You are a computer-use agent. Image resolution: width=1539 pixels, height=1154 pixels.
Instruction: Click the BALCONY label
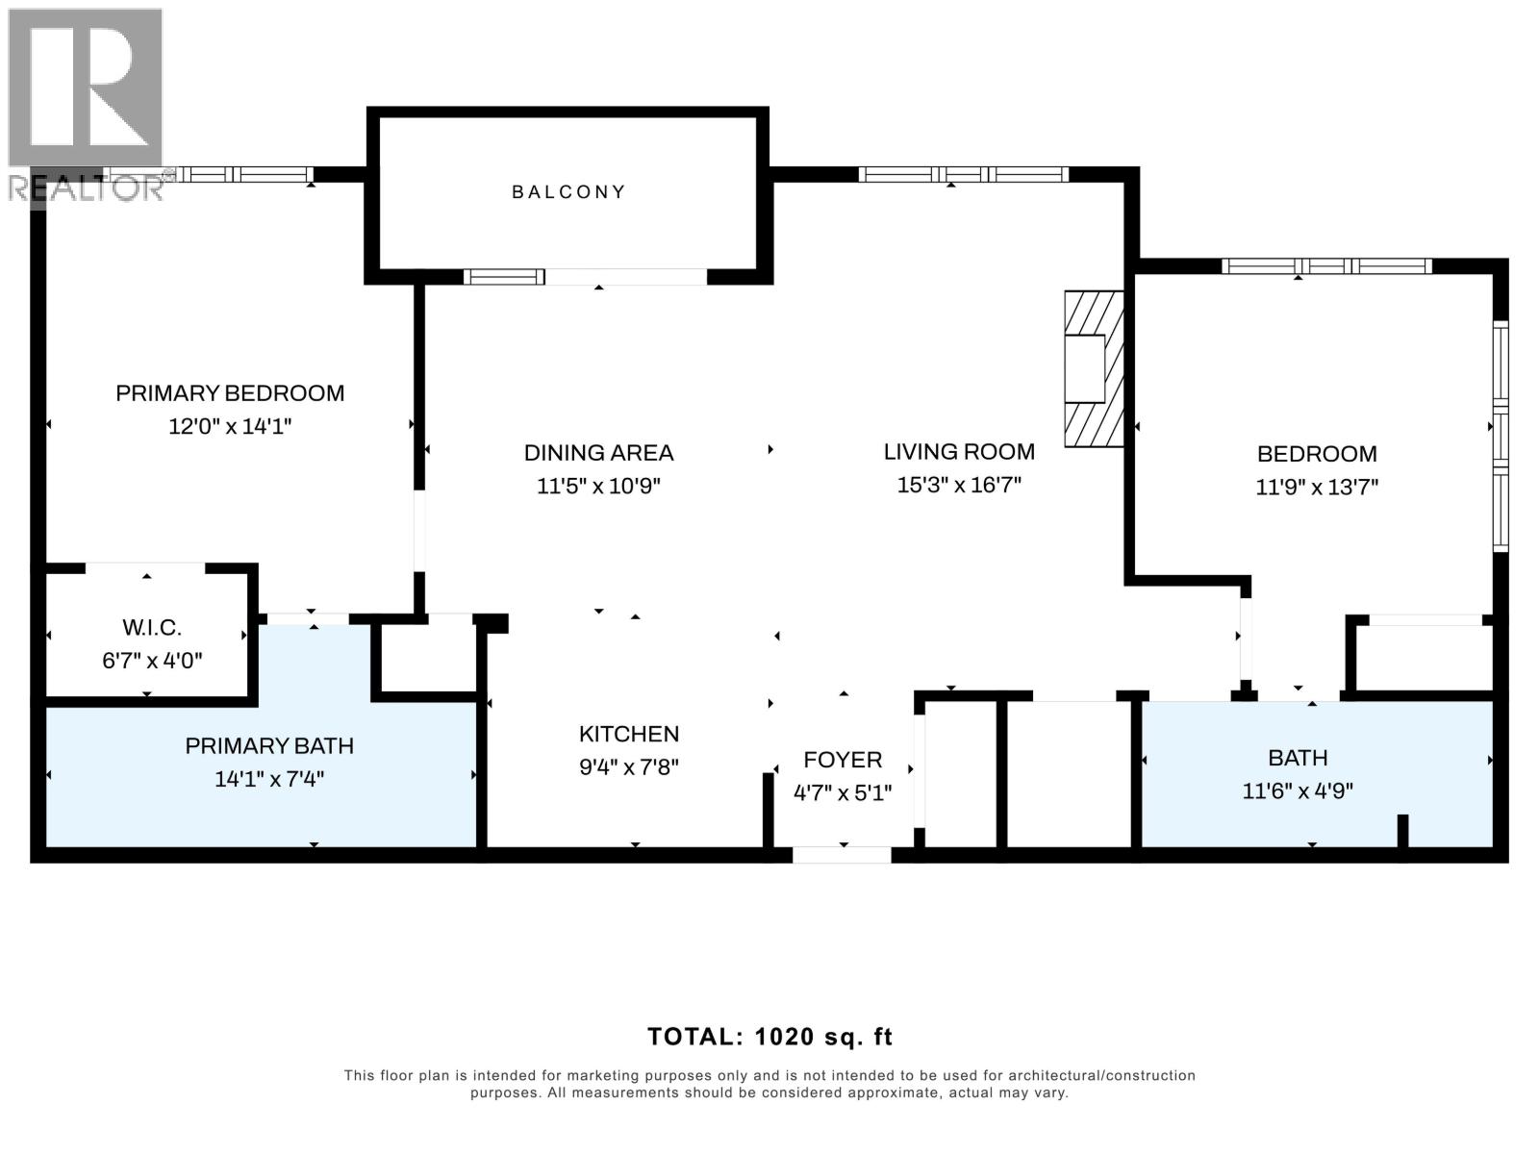[x=568, y=192]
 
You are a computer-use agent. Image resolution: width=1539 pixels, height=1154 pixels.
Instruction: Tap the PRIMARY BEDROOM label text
[x=230, y=393]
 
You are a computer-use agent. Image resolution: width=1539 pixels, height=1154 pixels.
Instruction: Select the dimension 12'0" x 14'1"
[x=230, y=426]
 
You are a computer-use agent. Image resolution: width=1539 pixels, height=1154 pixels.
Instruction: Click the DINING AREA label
[x=598, y=453]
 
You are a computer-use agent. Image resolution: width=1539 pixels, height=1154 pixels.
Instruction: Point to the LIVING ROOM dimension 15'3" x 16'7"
[x=959, y=485]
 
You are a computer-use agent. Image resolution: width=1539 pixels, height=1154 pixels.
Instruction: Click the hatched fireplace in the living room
[x=1094, y=368]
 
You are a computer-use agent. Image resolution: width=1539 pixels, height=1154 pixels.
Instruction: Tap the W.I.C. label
[x=152, y=628]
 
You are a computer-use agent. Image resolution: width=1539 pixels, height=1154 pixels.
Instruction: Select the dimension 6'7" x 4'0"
[x=152, y=661]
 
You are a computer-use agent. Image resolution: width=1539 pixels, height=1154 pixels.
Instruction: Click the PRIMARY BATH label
[x=269, y=746]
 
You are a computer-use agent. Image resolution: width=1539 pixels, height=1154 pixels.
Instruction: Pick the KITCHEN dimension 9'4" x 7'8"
[x=629, y=767]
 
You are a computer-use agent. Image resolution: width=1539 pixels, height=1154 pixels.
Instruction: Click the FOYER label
[x=843, y=761]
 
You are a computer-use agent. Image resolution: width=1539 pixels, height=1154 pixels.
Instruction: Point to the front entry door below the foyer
[x=842, y=854]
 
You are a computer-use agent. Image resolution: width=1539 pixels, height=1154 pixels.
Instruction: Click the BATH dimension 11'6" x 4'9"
[x=1298, y=791]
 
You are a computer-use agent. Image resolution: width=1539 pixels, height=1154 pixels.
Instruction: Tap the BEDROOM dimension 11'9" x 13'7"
[x=1317, y=487]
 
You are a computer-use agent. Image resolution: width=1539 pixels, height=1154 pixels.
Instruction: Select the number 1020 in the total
[x=783, y=1037]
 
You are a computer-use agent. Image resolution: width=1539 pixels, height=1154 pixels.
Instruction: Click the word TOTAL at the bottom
[x=692, y=1037]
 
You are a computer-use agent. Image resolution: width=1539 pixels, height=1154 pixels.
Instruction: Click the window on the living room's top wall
[x=963, y=174]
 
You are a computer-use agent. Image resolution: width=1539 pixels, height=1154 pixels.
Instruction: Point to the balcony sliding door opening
[x=625, y=277]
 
